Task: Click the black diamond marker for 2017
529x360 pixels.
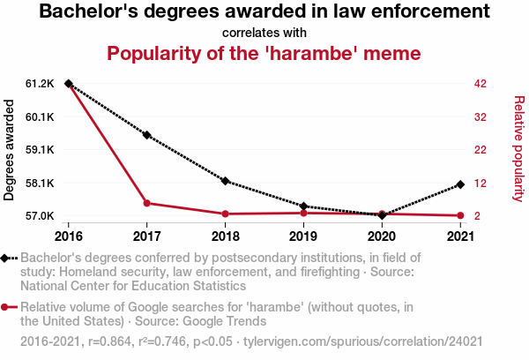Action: [x=147, y=135]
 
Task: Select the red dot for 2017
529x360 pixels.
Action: [x=147, y=203]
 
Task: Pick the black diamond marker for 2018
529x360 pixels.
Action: [x=226, y=181]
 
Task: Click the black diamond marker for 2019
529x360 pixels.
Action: [x=303, y=206]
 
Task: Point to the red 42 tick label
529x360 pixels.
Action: [x=480, y=84]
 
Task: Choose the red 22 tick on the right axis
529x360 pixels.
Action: [x=480, y=150]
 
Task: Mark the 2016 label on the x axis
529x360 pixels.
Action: [x=69, y=236]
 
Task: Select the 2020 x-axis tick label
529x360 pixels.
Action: [x=381, y=236]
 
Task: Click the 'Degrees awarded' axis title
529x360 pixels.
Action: [x=10, y=150]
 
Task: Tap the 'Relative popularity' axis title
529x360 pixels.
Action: [x=518, y=150]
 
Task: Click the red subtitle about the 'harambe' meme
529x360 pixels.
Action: [x=264, y=53]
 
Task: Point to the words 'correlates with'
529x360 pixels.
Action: [x=264, y=33]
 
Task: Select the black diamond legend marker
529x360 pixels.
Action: [x=6, y=258]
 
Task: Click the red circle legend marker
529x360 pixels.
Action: [x=6, y=307]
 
